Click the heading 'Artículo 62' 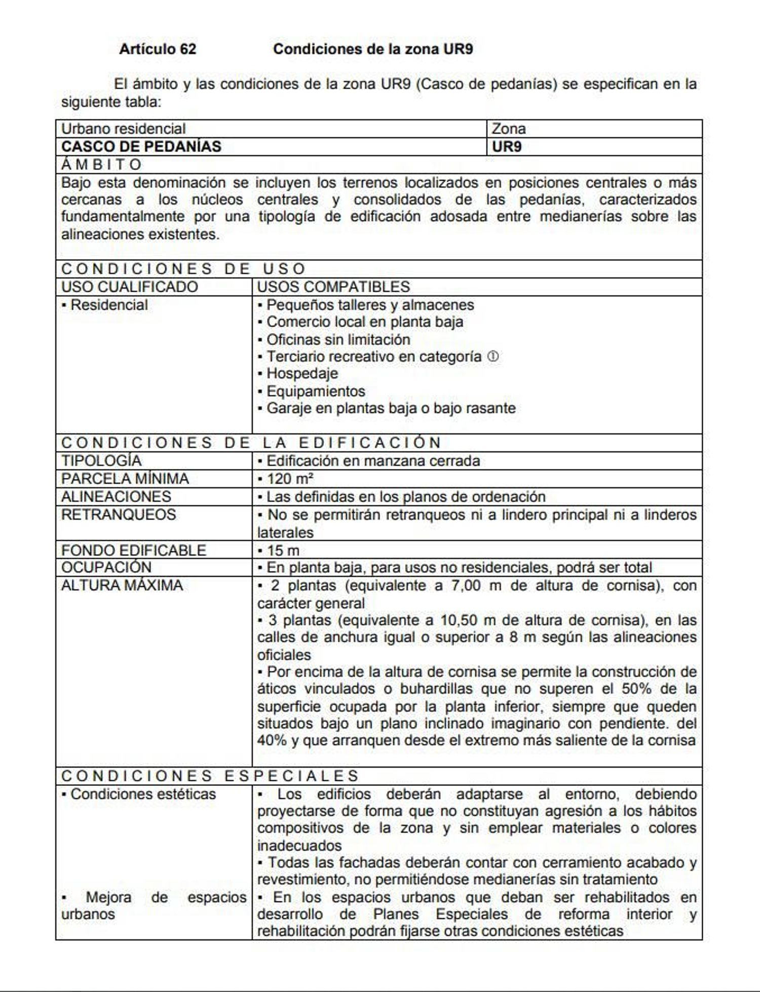click(158, 49)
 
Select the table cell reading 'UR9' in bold click(507, 147)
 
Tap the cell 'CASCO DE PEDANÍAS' click(141, 147)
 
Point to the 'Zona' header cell click(509, 129)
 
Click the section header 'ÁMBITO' click(101, 165)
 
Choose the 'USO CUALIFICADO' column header click(130, 287)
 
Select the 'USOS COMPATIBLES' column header click(333, 287)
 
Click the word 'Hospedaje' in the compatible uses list click(302, 374)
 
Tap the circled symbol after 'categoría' click(493, 356)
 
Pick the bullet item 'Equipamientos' click(316, 391)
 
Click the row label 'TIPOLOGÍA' click(101, 461)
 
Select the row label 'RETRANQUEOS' click(119, 514)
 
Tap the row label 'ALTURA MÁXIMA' click(122, 585)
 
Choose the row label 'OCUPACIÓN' click(106, 568)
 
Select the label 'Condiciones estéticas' click(143, 794)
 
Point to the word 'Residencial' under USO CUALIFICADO click(109, 305)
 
